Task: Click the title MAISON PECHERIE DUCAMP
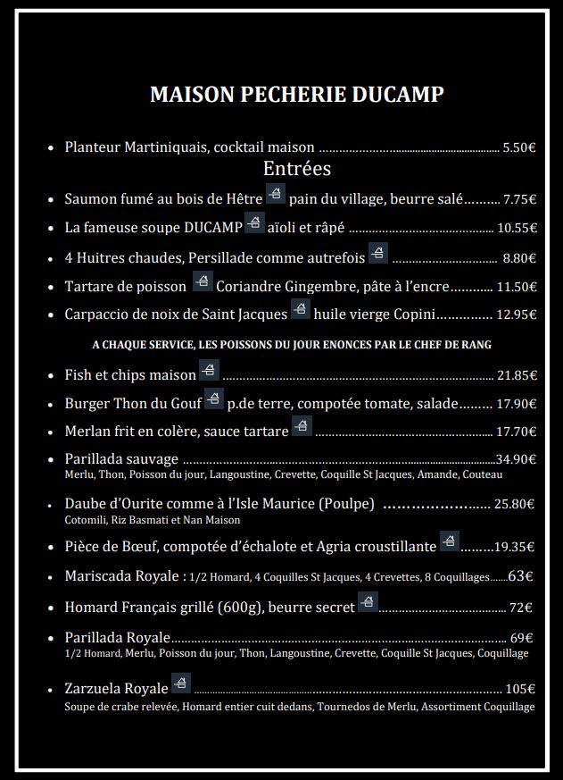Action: click(x=296, y=95)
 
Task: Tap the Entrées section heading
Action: click(x=297, y=169)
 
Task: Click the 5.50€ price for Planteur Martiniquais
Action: click(x=519, y=148)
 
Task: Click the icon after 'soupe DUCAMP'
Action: click(x=254, y=222)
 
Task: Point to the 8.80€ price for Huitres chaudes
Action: click(x=519, y=258)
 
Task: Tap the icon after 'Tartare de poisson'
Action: click(x=203, y=283)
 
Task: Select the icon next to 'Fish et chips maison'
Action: click(x=209, y=370)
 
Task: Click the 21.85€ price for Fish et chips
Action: click(x=517, y=375)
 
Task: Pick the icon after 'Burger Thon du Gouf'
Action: click(x=213, y=399)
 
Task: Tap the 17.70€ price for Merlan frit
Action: click(x=517, y=432)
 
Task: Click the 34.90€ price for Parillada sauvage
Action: click(x=516, y=459)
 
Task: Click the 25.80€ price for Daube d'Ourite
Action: click(x=515, y=504)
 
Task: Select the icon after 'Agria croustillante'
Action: click(x=449, y=541)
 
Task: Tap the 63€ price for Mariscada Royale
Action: click(x=521, y=576)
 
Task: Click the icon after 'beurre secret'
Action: click(x=367, y=602)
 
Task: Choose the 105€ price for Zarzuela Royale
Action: click(x=520, y=689)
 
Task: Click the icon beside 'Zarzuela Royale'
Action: click(x=181, y=684)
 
